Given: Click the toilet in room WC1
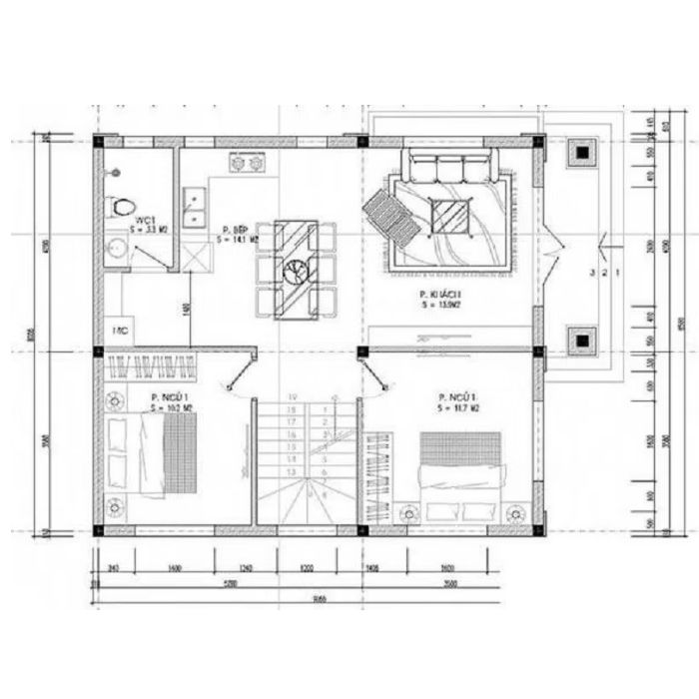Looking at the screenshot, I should (122, 207).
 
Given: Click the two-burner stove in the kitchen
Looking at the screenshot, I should (248, 162).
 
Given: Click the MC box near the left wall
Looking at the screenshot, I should (120, 331).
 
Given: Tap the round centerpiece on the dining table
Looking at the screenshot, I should (297, 270).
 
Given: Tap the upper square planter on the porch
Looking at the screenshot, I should (581, 153).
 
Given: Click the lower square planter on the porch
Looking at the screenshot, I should (581, 341).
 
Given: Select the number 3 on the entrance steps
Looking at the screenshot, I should (593, 271).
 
